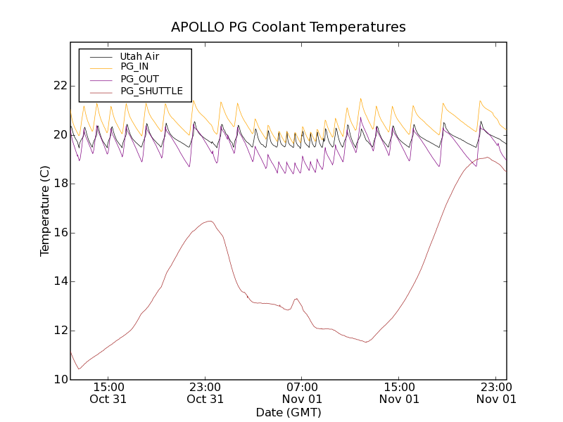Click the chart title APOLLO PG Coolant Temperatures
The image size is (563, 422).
point(289,27)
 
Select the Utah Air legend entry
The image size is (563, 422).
point(139,56)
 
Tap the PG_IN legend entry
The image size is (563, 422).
point(134,67)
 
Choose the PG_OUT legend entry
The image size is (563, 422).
point(139,79)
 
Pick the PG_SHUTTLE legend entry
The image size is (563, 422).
point(151,91)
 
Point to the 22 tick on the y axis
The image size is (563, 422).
point(60,86)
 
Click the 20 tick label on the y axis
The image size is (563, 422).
point(60,135)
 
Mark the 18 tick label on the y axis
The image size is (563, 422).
point(60,184)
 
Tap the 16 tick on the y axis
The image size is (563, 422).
point(60,233)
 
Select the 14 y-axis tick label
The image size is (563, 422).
point(60,281)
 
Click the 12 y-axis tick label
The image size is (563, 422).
point(60,331)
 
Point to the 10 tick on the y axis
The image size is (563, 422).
point(60,380)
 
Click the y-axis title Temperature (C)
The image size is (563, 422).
point(45,211)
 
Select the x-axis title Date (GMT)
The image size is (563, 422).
point(289,412)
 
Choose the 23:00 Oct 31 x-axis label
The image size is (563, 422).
point(205,392)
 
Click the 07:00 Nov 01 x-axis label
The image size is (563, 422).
point(302,392)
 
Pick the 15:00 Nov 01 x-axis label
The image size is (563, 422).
point(399,392)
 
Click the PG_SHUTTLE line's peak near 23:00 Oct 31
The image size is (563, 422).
point(210,221)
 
